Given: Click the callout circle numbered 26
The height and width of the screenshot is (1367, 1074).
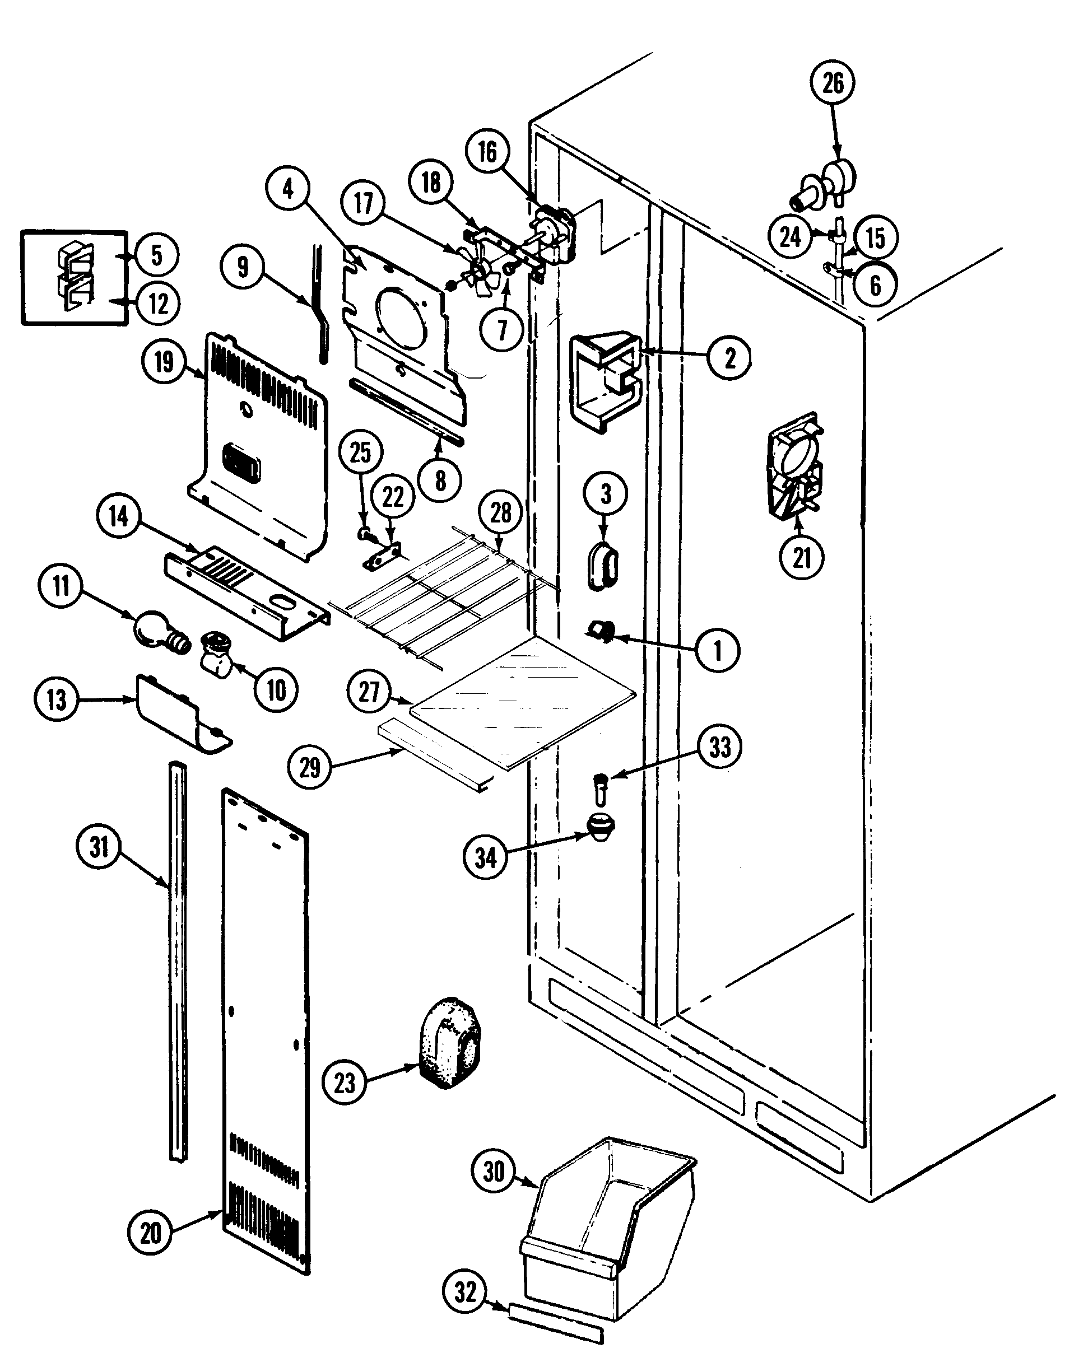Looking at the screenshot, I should [833, 83].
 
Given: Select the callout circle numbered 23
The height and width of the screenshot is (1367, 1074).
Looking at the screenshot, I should [344, 1083].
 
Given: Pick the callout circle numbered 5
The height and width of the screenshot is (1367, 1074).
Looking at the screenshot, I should [156, 255].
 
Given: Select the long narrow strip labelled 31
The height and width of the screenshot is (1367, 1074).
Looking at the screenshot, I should [178, 962].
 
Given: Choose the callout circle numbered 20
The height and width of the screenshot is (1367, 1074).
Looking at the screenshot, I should [151, 1251].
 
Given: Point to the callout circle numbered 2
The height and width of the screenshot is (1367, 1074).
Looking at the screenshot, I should [729, 358].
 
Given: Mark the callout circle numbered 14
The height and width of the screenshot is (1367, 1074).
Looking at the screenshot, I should [119, 517].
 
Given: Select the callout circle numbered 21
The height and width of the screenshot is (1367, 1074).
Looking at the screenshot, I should [802, 557].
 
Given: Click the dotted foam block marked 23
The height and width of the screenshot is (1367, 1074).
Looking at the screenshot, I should [449, 1043].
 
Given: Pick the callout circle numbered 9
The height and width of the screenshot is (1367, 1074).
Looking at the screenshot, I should [243, 268].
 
